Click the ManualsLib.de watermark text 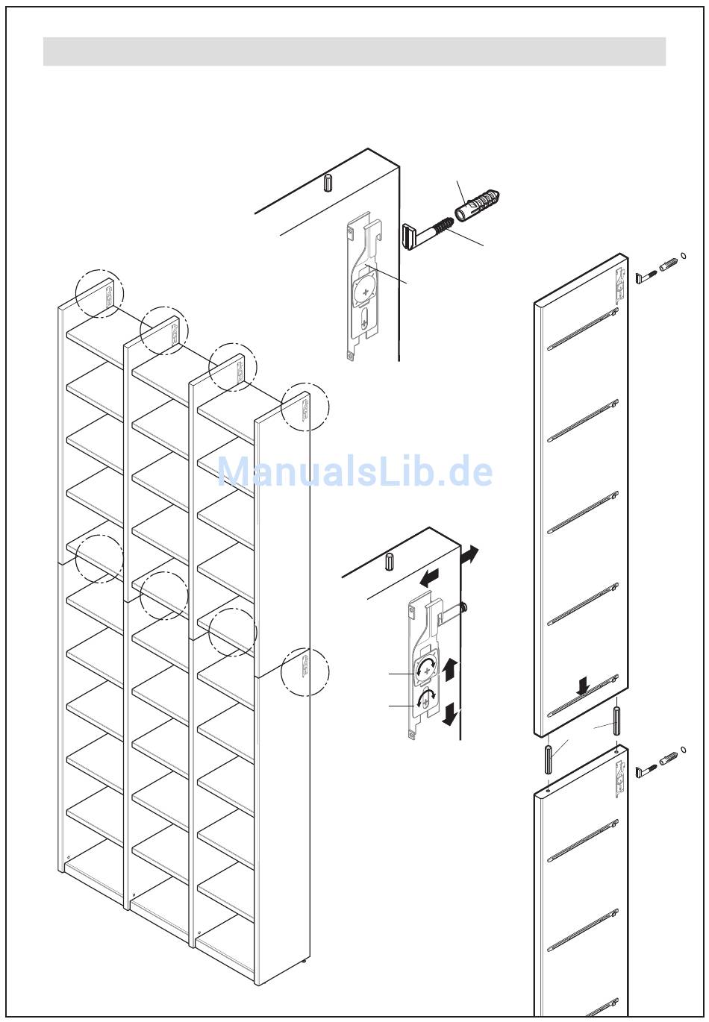coord(354,471)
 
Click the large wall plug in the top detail coord(478,205)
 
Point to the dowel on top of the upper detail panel coord(328,182)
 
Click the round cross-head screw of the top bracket coord(365,289)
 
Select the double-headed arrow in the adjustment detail coord(469,554)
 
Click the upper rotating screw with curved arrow coord(425,670)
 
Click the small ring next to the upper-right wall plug coord(684,255)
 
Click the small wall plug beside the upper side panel coord(669,265)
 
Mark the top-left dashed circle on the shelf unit coord(99,293)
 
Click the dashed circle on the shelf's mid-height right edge coord(305,672)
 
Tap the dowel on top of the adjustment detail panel coord(390,561)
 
